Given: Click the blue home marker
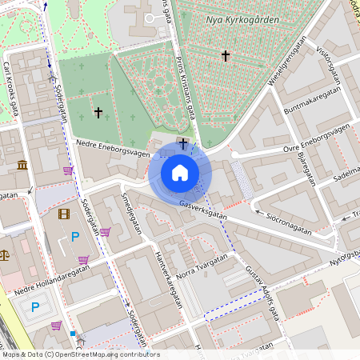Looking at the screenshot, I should coord(180,173).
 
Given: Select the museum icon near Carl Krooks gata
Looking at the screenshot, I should coord(20,165).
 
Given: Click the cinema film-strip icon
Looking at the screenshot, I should coord(64,214).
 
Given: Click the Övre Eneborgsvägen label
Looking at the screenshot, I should coord(317,139).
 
